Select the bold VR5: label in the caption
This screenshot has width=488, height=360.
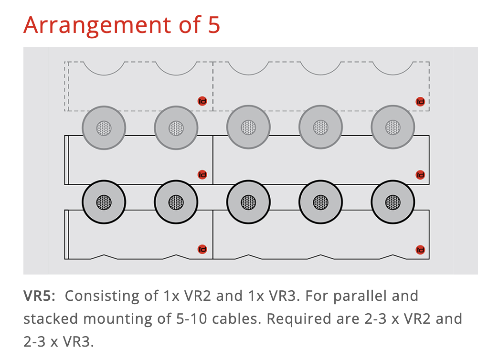tap(40, 296)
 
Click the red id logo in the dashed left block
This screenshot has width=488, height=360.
tap(202, 101)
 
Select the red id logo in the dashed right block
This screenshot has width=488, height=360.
tap(420, 101)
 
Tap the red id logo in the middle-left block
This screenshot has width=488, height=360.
tap(202, 175)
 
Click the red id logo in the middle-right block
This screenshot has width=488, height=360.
tap(420, 175)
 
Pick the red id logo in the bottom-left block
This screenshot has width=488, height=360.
tap(202, 249)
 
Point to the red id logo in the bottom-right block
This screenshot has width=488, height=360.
tap(420, 250)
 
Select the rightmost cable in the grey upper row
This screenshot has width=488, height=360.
tap(393, 127)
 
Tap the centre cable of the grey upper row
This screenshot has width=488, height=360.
tap(248, 127)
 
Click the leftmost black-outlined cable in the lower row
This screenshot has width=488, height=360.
tap(104, 202)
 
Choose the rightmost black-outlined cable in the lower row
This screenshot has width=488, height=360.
tap(393, 202)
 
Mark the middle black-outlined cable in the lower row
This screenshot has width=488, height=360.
tap(248, 202)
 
